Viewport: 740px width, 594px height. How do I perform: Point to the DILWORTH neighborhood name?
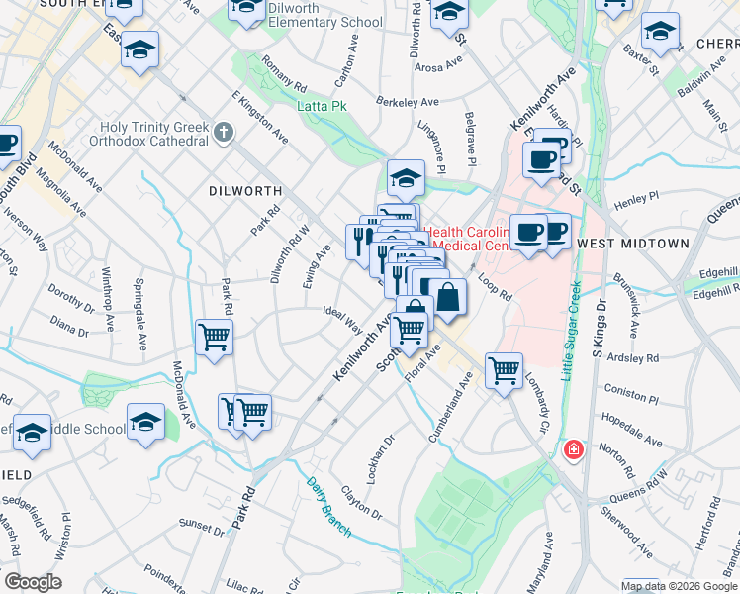pos(245,191)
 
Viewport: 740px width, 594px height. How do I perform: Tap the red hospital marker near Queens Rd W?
pos(573,450)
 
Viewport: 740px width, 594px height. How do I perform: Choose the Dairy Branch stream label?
pos(327,506)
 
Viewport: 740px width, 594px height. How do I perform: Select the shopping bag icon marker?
pos(448,296)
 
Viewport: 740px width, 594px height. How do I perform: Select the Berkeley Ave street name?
pos(407,102)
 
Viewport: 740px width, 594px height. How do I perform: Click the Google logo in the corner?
pos(32,582)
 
